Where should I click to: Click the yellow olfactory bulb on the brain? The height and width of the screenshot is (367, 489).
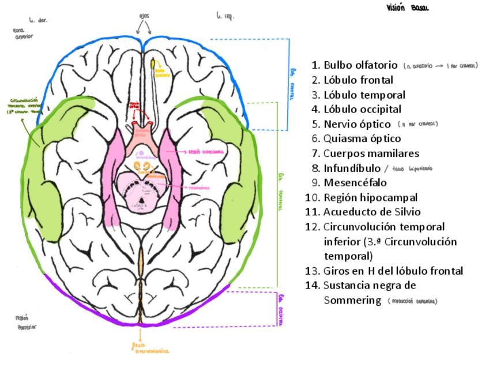(x=152, y=63)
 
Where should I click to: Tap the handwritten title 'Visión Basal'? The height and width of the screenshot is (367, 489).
(x=408, y=8)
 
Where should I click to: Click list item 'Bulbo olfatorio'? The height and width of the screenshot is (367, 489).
(x=360, y=65)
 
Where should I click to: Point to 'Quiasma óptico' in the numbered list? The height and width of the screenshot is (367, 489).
(x=362, y=138)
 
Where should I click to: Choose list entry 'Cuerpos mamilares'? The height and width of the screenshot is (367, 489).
(x=371, y=153)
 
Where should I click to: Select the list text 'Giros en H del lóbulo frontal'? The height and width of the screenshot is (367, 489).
(x=393, y=271)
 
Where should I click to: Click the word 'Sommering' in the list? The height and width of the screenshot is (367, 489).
(x=352, y=300)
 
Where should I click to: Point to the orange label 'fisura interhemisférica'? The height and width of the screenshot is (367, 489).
(x=151, y=347)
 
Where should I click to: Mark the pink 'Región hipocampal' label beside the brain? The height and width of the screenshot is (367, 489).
(x=206, y=151)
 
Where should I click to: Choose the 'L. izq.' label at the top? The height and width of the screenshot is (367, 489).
(x=225, y=16)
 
